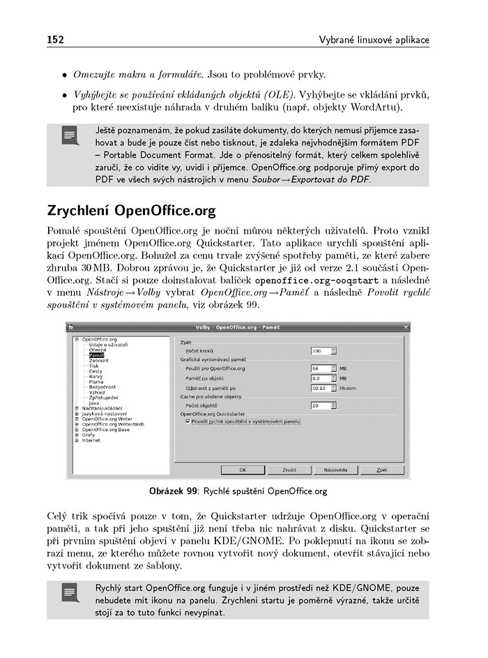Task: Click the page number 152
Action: [x=56, y=39]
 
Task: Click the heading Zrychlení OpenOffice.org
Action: [x=131, y=210]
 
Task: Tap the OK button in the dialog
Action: [x=242, y=470]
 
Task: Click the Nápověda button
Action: [x=335, y=470]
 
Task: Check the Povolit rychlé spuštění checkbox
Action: [x=188, y=421]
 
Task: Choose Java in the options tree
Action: [x=94, y=403]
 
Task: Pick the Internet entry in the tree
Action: [x=91, y=440]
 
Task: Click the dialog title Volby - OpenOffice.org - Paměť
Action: [x=238, y=327]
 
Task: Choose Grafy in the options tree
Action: [x=89, y=435]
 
